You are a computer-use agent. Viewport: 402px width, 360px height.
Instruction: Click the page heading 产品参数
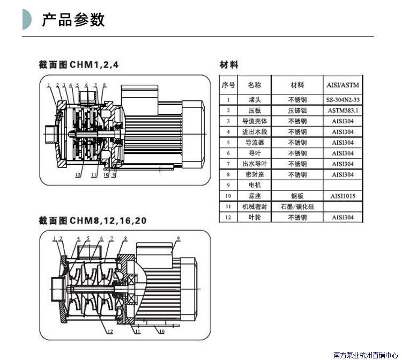pyautogui.click(x=73, y=20)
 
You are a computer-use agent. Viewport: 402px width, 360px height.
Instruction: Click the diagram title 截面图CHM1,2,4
pyautogui.click(x=78, y=64)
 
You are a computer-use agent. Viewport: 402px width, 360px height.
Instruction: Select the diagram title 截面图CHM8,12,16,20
pyautogui.click(x=92, y=221)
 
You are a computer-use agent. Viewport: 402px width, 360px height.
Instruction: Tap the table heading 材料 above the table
pyautogui.click(x=229, y=65)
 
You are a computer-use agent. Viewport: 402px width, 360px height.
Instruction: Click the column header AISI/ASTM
pyautogui.click(x=343, y=85)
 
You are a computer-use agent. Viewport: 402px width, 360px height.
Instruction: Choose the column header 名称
pyautogui.click(x=254, y=85)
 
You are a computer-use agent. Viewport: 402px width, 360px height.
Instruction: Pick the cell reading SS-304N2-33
pyautogui.click(x=343, y=100)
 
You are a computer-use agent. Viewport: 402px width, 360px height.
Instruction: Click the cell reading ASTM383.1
pyautogui.click(x=343, y=111)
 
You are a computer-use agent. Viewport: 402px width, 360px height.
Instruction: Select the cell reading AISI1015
pyautogui.click(x=343, y=196)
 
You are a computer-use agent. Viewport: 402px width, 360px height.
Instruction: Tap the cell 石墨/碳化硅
pyautogui.click(x=297, y=207)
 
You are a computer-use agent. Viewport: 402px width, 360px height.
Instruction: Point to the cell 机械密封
pyautogui.click(x=254, y=207)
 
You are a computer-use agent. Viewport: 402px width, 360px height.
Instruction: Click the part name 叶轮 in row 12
pyautogui.click(x=254, y=217)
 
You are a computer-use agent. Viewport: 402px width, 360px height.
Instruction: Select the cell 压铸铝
pyautogui.click(x=297, y=111)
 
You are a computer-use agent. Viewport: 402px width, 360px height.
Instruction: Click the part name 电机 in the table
pyautogui.click(x=254, y=185)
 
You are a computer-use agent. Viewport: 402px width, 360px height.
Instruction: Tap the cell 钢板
pyautogui.click(x=297, y=196)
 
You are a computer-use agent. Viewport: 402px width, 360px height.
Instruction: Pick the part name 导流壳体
pyautogui.click(x=254, y=121)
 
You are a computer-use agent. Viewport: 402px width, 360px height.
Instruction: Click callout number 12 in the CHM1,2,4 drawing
pyautogui.click(x=78, y=174)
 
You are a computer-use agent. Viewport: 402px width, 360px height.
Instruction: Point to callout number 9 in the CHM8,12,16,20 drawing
pyautogui.click(x=178, y=238)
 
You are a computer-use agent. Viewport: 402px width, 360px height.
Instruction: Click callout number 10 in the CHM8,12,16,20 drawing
pyautogui.click(x=161, y=332)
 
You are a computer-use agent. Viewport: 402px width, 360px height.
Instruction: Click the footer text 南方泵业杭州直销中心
pyautogui.click(x=366, y=355)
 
